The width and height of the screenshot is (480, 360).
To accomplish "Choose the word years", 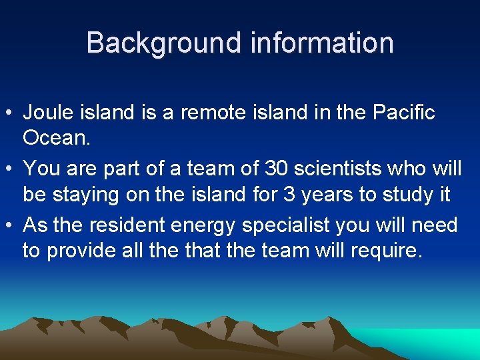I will click(x=323, y=195).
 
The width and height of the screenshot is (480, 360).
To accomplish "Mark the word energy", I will click(x=203, y=225).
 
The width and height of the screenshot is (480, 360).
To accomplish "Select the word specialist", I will click(x=286, y=225).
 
